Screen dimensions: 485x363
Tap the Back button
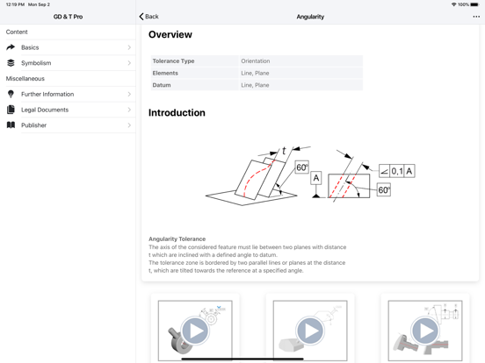click(148, 17)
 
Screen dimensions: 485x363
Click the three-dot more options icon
click(476, 17)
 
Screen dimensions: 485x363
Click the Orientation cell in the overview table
click(256, 61)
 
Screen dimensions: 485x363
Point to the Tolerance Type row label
click(173, 61)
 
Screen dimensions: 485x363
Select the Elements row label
click(165, 73)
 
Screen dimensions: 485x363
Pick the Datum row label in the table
click(162, 85)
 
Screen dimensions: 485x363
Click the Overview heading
click(170, 34)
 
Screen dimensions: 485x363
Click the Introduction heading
click(177, 112)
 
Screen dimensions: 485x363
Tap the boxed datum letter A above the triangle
click(315, 178)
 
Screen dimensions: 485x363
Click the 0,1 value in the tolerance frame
click(397, 171)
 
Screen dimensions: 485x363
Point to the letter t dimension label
click(284, 151)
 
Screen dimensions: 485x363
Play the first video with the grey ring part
click(195, 331)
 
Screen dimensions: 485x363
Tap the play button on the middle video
click(310, 331)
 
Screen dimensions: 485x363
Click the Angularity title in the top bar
click(310, 17)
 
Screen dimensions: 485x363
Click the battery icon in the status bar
click(474, 4)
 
